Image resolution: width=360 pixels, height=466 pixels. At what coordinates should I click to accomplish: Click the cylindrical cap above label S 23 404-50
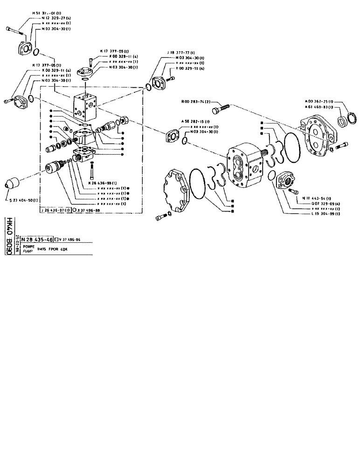point(12,183)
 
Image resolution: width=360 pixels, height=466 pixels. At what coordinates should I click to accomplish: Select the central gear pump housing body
point(245,165)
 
